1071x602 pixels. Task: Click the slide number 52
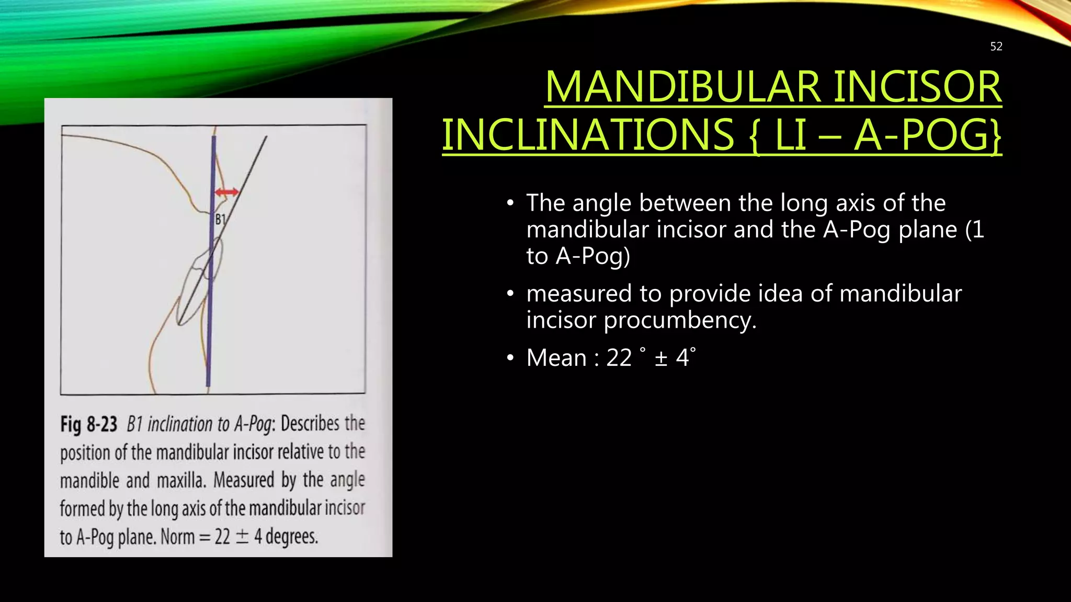(x=996, y=47)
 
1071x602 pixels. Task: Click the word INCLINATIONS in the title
(x=589, y=135)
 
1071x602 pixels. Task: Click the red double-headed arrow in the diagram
(x=227, y=192)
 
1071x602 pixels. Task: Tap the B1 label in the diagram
(x=220, y=219)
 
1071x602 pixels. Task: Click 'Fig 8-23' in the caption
(x=88, y=424)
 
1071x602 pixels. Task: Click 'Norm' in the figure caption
(x=177, y=537)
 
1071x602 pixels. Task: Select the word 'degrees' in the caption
(x=291, y=537)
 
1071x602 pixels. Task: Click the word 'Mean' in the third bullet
(x=556, y=358)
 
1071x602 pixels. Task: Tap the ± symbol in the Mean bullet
(x=661, y=358)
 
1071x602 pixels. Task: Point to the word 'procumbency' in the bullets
(x=679, y=320)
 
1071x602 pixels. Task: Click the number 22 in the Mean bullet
(x=619, y=358)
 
